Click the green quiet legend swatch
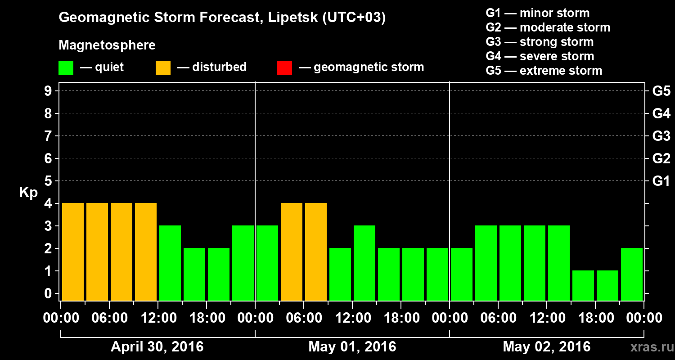coord(66,67)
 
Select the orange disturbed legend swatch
coord(163,67)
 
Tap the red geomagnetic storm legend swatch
coord(284,67)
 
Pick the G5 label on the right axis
coord(661,91)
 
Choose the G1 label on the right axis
coord(661,181)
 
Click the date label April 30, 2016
coord(157,347)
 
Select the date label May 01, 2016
coord(352,347)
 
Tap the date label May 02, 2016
coord(546,347)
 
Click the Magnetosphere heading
coord(107,45)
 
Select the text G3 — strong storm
coord(540,42)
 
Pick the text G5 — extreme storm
coord(544,71)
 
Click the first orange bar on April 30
coord(73,252)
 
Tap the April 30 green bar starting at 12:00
coord(170,263)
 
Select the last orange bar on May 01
coord(316,252)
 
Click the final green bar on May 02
coord(632,274)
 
